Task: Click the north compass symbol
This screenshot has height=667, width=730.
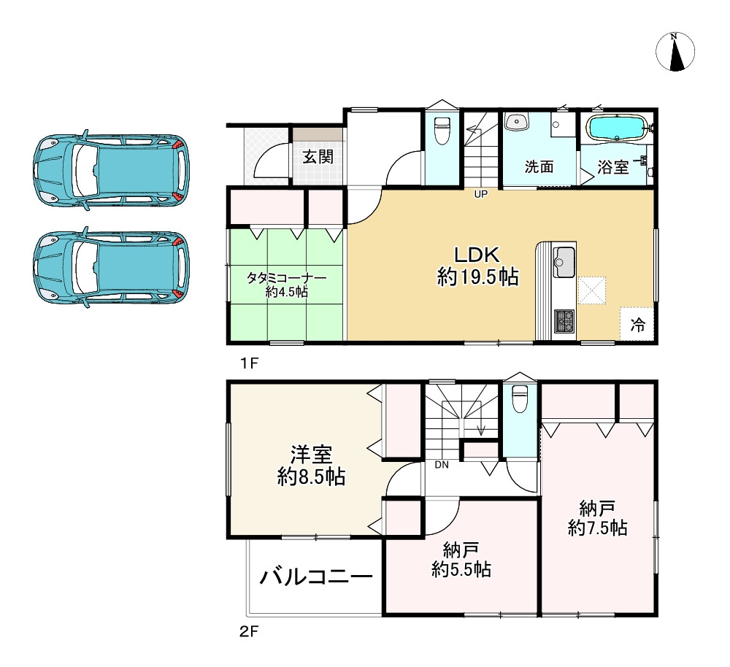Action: (675, 51)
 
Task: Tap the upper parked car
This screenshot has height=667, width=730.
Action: (111, 170)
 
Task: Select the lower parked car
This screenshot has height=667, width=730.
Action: (111, 268)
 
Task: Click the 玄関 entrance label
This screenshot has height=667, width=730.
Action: (318, 156)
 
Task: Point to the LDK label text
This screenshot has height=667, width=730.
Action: (477, 255)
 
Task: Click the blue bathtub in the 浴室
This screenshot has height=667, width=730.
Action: (618, 127)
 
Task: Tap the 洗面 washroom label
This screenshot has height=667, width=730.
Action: (539, 166)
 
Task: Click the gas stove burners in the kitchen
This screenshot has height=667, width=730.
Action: (564, 320)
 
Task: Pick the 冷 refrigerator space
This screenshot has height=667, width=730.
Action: (637, 325)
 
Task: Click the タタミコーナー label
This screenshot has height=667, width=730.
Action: (286, 279)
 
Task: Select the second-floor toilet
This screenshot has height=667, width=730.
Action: (519, 398)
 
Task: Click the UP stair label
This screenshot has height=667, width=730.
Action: (480, 194)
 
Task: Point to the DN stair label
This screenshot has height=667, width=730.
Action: (442, 465)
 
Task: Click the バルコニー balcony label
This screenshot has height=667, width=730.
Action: (316, 578)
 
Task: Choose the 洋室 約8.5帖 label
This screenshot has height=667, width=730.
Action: (311, 466)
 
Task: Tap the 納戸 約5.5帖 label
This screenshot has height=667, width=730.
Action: (461, 560)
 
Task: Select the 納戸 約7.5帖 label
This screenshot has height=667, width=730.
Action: (597, 519)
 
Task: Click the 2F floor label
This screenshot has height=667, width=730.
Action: (249, 632)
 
